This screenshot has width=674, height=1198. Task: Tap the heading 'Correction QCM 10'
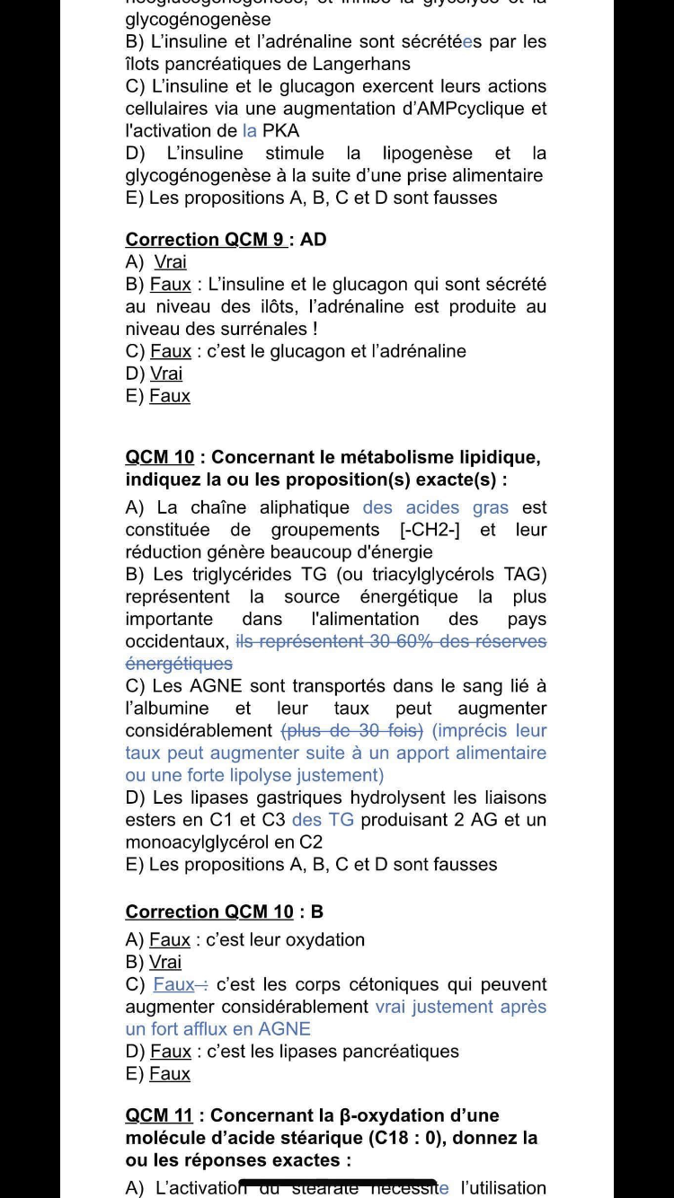[209, 912]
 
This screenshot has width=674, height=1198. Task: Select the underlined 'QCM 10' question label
[160, 458]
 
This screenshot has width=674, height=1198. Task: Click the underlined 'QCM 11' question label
[159, 1116]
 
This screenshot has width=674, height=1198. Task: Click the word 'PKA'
[280, 131]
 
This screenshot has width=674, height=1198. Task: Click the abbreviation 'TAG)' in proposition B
[525, 575]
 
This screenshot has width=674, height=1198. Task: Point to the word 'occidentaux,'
[177, 642]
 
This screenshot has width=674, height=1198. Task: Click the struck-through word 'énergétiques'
[179, 665]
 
